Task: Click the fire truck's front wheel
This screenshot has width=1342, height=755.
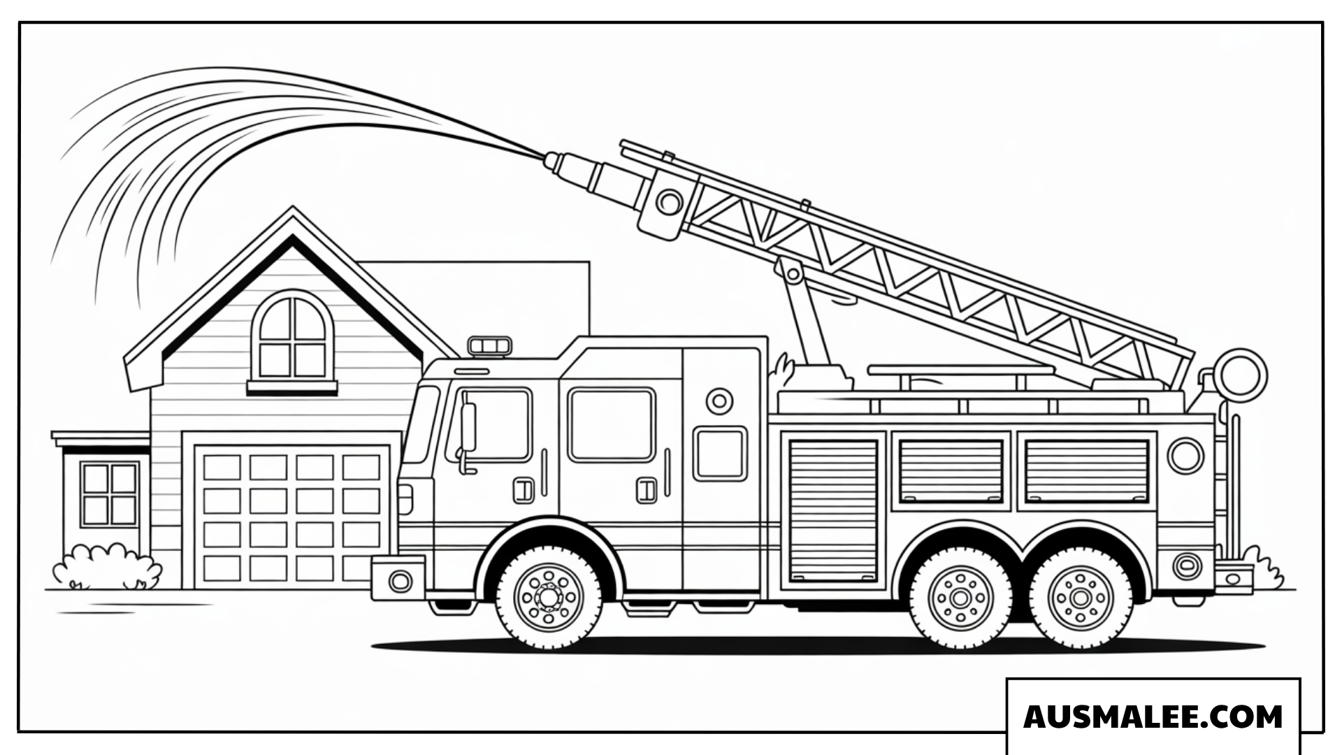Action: tap(549, 596)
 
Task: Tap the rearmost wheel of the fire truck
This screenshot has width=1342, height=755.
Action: tap(1081, 598)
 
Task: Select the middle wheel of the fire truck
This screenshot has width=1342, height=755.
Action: tap(960, 598)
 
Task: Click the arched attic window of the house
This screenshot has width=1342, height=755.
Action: tap(292, 338)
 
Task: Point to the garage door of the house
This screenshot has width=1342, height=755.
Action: tap(292, 517)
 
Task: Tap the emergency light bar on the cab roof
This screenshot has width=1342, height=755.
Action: tap(489, 345)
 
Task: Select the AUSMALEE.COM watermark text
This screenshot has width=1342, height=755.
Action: tap(1153, 717)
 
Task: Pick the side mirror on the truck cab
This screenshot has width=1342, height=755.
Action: tap(468, 427)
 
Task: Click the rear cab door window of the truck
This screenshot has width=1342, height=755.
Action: tap(612, 424)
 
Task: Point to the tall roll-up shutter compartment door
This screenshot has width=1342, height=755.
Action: tap(833, 511)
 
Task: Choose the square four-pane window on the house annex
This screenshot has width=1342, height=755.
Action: tap(109, 494)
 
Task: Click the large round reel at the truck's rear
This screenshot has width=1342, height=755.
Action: tap(1241, 375)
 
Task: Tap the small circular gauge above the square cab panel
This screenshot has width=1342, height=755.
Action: tap(719, 401)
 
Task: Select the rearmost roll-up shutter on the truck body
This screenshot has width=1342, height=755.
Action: tap(1087, 471)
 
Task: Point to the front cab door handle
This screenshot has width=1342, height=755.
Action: tap(523, 491)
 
